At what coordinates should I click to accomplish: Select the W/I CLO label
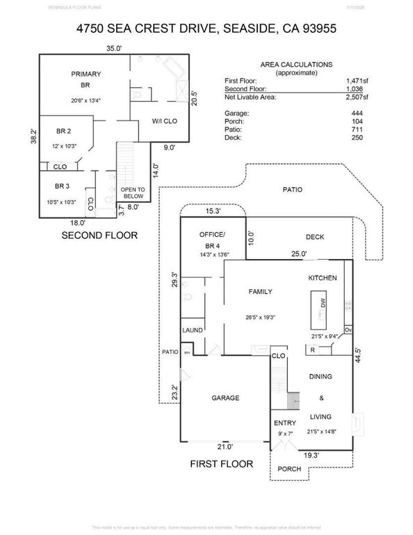click(x=164, y=122)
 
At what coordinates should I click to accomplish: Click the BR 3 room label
click(x=63, y=186)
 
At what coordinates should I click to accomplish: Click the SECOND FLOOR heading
click(x=99, y=235)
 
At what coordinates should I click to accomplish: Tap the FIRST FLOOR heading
click(x=222, y=463)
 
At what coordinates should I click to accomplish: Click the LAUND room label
click(x=193, y=330)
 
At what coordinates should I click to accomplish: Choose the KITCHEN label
click(x=323, y=278)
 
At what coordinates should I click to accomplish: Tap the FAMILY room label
click(x=261, y=292)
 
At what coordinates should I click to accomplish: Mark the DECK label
click(x=315, y=238)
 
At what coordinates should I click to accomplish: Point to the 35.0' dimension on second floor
click(x=113, y=48)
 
